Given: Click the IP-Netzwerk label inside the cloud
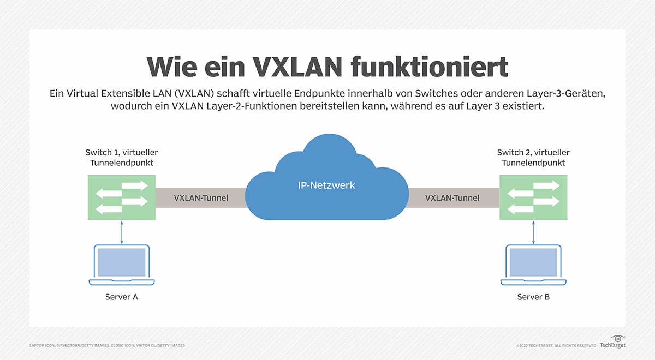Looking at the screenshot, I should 326,185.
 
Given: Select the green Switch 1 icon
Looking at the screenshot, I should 121,197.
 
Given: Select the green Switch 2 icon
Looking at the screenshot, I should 533,197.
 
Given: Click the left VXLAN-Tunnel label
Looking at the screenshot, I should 201,198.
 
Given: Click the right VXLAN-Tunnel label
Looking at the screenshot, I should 452,198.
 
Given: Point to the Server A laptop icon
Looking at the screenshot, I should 121,265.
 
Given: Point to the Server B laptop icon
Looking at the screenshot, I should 533,265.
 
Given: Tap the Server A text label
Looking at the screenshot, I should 121,297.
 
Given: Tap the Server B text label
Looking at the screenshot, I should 533,297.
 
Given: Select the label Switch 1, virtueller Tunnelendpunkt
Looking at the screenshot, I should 121,158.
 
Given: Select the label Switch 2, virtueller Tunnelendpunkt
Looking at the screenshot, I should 533,158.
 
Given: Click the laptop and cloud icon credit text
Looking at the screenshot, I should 107,345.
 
